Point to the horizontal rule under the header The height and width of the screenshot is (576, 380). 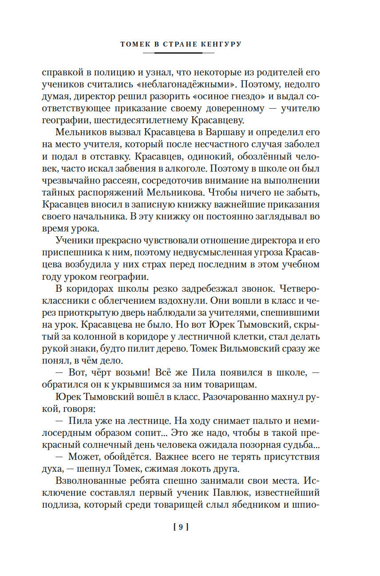(178, 53)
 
